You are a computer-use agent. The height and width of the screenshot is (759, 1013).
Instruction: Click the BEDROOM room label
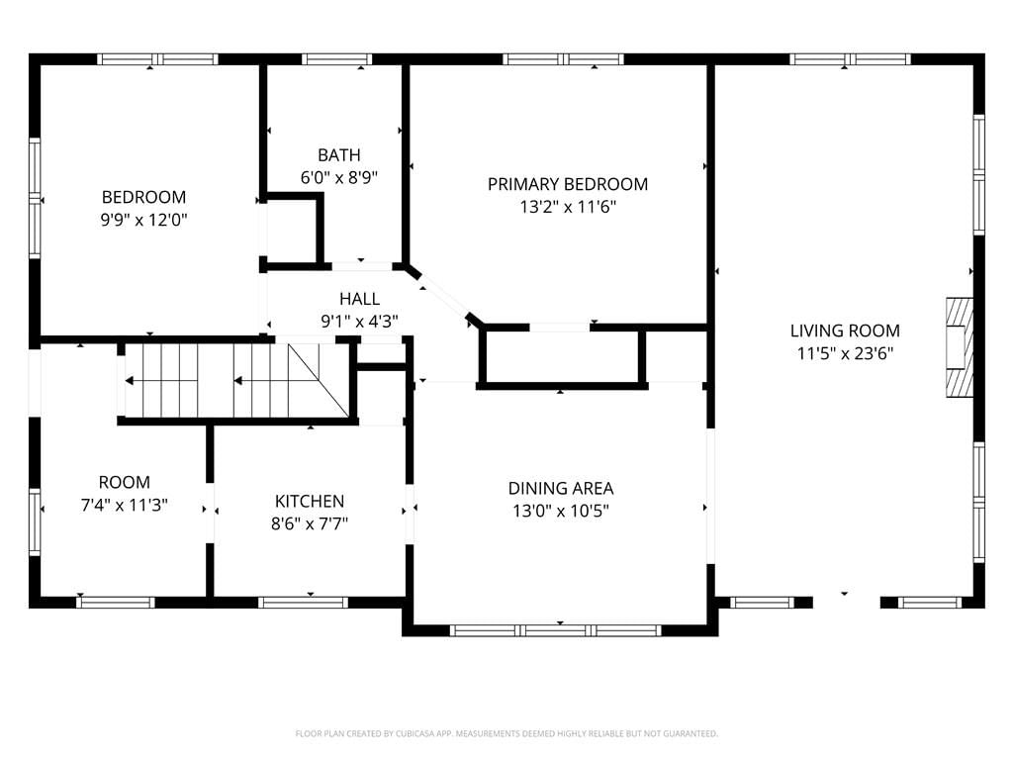click(x=143, y=197)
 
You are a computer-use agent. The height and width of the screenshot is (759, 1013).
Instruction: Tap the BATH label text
click(x=339, y=155)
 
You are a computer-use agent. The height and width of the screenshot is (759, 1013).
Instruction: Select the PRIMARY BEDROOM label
click(x=568, y=184)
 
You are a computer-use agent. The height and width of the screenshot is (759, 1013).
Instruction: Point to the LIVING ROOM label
click(x=845, y=331)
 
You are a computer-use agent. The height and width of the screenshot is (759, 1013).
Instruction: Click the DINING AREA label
click(x=561, y=488)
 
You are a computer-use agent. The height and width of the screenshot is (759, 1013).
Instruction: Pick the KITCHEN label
click(x=310, y=501)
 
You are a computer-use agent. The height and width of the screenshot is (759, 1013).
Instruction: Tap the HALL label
click(x=360, y=299)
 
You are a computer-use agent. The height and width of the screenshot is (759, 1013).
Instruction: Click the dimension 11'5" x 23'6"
click(x=845, y=353)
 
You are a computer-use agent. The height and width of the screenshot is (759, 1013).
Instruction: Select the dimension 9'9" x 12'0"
click(x=143, y=220)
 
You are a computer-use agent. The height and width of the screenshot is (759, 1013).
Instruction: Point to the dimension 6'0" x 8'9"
click(x=339, y=177)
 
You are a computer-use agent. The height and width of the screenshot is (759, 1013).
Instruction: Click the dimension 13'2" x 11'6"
click(x=568, y=207)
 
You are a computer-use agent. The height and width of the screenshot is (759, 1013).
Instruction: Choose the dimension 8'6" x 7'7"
click(x=310, y=523)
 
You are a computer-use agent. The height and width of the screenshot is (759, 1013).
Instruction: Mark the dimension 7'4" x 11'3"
click(x=124, y=505)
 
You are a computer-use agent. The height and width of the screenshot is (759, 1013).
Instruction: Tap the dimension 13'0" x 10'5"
click(x=561, y=511)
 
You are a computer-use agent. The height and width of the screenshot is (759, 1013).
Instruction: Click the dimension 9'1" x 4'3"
click(x=360, y=322)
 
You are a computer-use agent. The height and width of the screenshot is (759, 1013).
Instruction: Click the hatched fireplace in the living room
click(x=960, y=347)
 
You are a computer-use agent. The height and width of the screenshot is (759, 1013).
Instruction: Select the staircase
click(x=237, y=381)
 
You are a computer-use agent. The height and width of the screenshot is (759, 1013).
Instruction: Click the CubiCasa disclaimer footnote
click(x=506, y=734)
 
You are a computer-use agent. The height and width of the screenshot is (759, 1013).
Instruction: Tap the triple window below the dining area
click(x=556, y=630)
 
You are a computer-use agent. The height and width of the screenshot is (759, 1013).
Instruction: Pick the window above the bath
click(x=336, y=59)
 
